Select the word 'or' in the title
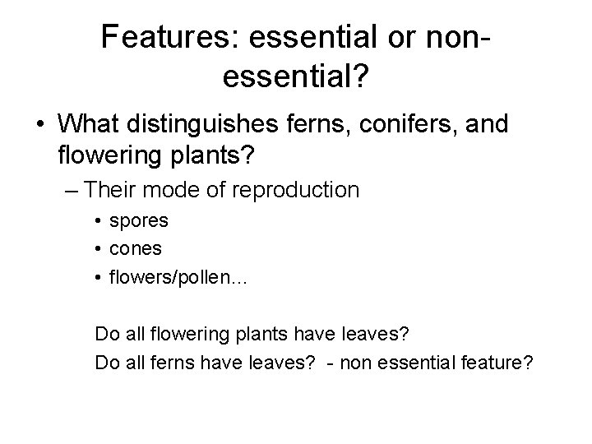click(400, 37)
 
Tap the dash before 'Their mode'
click(71, 190)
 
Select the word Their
click(113, 190)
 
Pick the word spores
click(138, 221)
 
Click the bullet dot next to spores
click(99, 222)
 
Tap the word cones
click(136, 249)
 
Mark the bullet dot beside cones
click(99, 249)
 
